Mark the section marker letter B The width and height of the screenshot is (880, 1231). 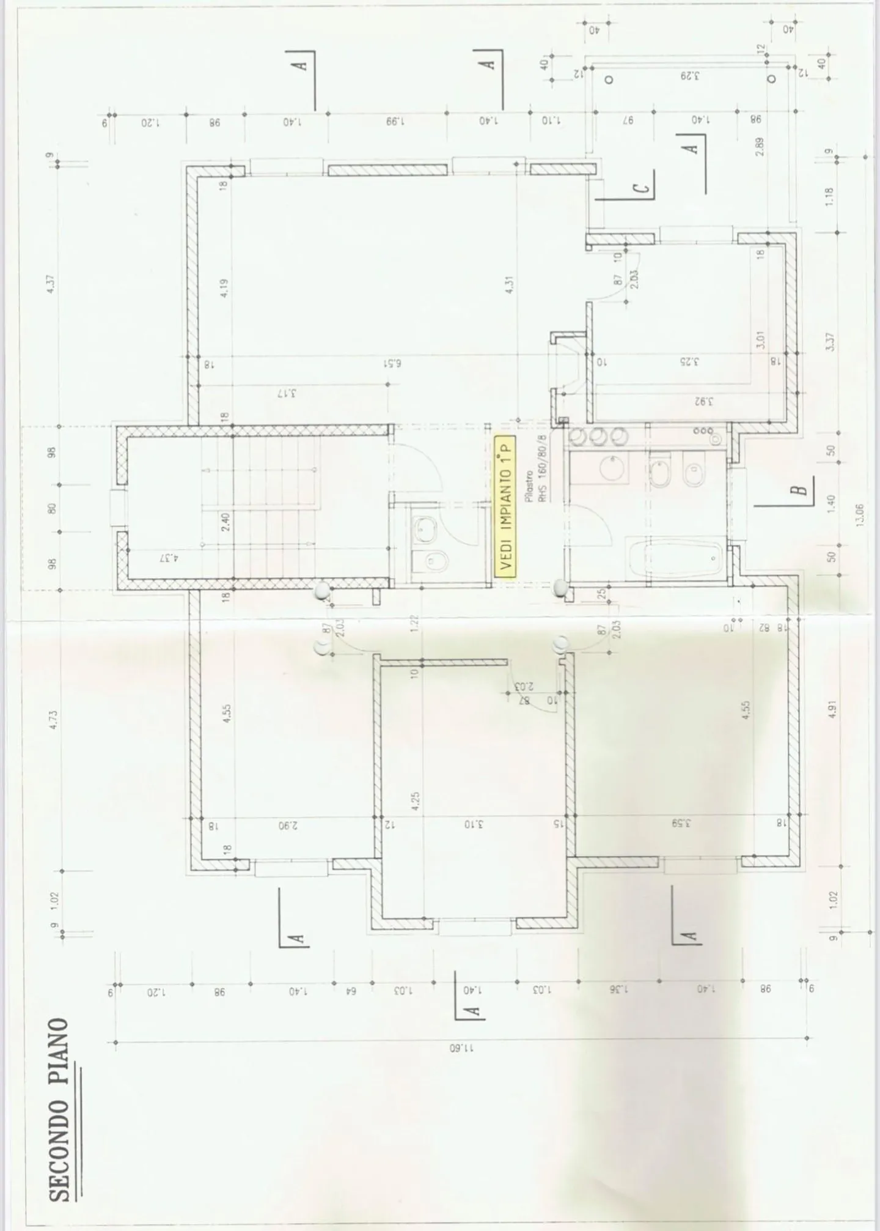(798, 490)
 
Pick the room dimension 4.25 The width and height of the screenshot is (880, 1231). (416, 800)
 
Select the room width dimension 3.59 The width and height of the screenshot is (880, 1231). (681, 823)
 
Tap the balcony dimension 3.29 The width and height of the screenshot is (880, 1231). (689, 76)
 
